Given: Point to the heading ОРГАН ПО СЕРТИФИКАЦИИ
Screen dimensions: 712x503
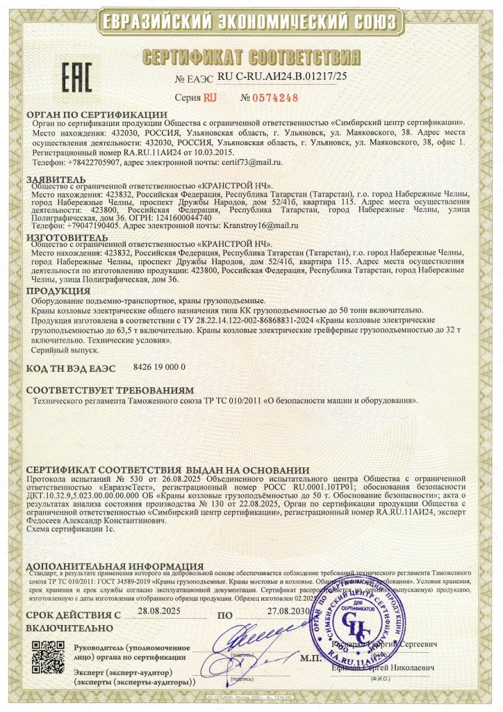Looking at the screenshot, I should click(x=97, y=114).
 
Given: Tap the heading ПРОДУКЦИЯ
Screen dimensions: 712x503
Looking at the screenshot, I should click(x=59, y=290).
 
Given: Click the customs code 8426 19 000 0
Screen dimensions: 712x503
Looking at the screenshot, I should click(x=159, y=365).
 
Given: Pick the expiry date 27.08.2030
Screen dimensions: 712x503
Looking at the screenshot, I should click(x=288, y=611).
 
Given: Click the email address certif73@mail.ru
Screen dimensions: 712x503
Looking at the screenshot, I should click(x=252, y=161).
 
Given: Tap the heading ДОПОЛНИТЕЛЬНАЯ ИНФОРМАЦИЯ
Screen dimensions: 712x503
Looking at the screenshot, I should click(x=115, y=566).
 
